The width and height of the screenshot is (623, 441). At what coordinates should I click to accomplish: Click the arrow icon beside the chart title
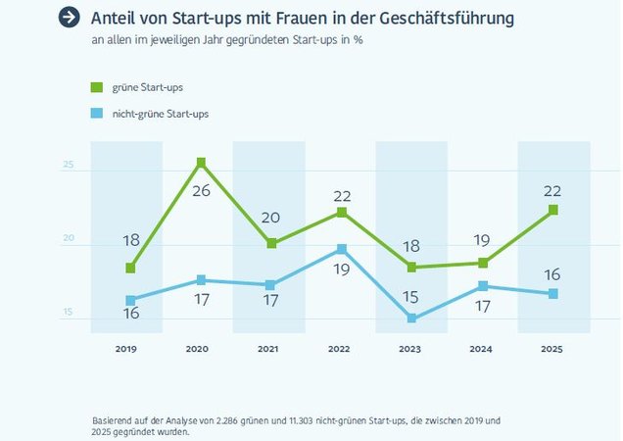(69, 18)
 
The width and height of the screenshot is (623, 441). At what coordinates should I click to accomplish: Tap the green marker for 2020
(201, 163)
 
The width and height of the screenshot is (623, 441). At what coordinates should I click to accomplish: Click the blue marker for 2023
(411, 318)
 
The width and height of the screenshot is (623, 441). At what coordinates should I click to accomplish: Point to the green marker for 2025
(553, 210)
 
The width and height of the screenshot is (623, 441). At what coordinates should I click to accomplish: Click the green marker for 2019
(130, 268)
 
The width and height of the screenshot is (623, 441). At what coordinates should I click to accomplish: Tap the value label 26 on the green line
(201, 190)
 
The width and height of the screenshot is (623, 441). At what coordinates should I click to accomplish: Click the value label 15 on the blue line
(411, 297)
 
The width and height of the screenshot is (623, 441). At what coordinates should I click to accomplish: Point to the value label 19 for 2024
(481, 239)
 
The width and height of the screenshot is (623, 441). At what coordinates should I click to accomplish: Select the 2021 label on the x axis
(268, 349)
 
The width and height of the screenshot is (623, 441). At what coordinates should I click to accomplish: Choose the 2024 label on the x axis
(481, 349)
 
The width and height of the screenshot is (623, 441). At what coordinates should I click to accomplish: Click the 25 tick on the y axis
(69, 165)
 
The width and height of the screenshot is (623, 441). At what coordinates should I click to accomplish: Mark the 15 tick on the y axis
(69, 313)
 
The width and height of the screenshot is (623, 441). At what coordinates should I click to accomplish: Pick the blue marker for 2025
(553, 294)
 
